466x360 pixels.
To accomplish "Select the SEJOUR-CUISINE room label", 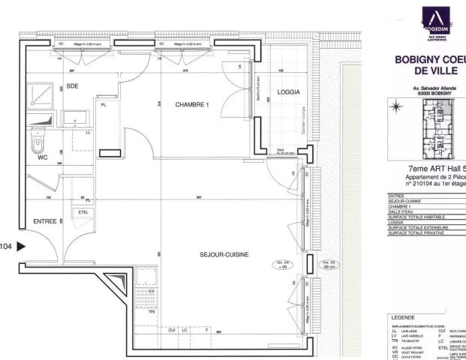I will tap(224, 255).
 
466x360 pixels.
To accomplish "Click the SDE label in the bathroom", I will tap(73, 86).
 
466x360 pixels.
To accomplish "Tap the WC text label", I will tap(42, 158).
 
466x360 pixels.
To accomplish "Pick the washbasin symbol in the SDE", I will tap(75, 116).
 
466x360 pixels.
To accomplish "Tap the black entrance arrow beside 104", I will tap(21, 245).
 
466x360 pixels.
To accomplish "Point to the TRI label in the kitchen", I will tap(151, 311).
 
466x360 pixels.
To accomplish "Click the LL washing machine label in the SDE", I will tap(88, 133).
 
